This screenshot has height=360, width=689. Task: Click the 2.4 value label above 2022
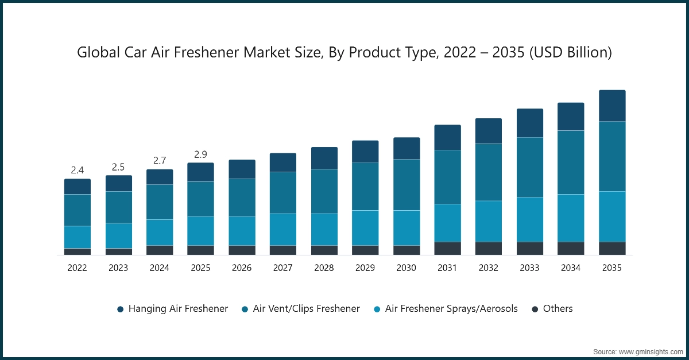coord(78,170)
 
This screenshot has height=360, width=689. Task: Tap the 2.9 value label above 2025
coord(201,154)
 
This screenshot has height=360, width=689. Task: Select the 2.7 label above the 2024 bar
coord(160,160)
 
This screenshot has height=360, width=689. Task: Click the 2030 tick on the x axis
coord(407,268)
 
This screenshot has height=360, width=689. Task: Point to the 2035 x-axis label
coord(612,268)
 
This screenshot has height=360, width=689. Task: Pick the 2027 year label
coord(283,268)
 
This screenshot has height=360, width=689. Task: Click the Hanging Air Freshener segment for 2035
coord(612,106)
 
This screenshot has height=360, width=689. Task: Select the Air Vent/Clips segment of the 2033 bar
coord(530,167)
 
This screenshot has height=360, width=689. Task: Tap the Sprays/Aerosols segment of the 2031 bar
coord(447,223)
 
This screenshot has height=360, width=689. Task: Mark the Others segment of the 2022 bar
coord(78,251)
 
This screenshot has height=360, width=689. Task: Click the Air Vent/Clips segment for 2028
coord(324,191)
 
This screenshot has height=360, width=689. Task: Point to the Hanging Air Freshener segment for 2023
coord(119,183)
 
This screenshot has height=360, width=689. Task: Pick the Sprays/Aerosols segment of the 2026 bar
coord(242,231)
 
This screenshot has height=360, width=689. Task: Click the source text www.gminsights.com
coord(649,351)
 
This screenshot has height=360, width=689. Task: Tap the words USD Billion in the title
coord(572,53)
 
